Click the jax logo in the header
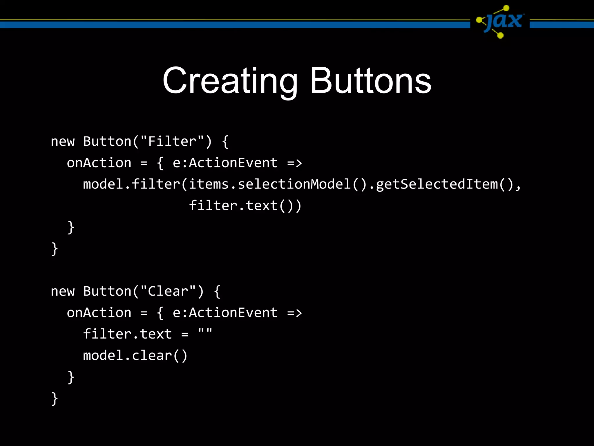tap(500, 21)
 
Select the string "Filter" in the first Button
tap(172, 142)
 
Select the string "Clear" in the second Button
tap(168, 291)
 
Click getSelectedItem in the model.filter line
tap(437, 184)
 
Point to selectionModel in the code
tap(294, 184)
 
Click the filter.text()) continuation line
tap(245, 206)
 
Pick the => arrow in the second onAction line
tap(294, 313)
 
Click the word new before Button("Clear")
tap(63, 292)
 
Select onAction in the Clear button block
tap(99, 313)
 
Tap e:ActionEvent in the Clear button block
tap(225, 313)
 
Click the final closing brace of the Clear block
tap(55, 398)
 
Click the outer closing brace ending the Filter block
tap(55, 249)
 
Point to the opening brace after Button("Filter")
tap(225, 142)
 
